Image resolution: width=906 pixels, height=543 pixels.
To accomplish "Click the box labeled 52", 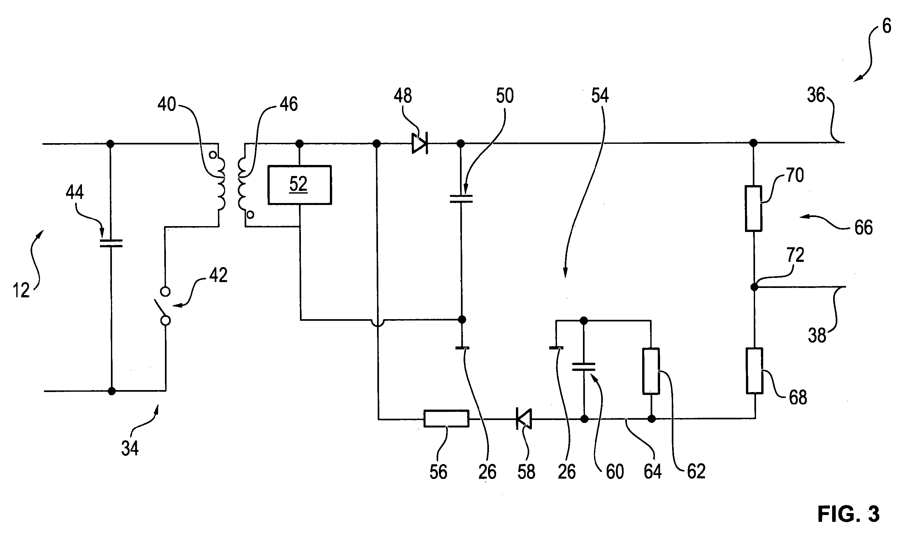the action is click(x=300, y=185).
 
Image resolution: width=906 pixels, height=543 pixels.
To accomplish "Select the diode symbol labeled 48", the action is click(x=420, y=143).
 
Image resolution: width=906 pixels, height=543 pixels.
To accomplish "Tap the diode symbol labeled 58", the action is click(x=524, y=419).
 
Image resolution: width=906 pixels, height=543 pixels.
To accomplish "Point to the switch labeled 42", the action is click(x=165, y=306).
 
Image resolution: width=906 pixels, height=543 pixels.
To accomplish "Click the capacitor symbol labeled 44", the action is click(x=111, y=243).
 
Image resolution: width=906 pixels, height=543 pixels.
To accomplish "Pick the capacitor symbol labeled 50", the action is click(x=461, y=199).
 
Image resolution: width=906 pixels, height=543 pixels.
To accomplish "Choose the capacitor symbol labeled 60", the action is click(x=584, y=367).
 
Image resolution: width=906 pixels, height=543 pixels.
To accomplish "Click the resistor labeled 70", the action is click(x=753, y=209).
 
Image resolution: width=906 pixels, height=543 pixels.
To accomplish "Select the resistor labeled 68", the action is click(x=754, y=371).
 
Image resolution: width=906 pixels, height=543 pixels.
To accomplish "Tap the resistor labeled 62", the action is click(x=651, y=371).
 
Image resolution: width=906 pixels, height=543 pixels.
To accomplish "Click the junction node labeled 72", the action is click(x=754, y=287).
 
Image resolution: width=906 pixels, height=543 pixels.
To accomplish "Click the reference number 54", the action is click(x=600, y=96).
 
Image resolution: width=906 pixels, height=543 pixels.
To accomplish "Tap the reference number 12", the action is click(x=21, y=291).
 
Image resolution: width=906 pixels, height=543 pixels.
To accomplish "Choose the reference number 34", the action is click(x=130, y=448).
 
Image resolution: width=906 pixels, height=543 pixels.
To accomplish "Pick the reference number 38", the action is click(x=817, y=335).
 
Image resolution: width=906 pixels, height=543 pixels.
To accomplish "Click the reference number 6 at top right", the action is click(x=886, y=26).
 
